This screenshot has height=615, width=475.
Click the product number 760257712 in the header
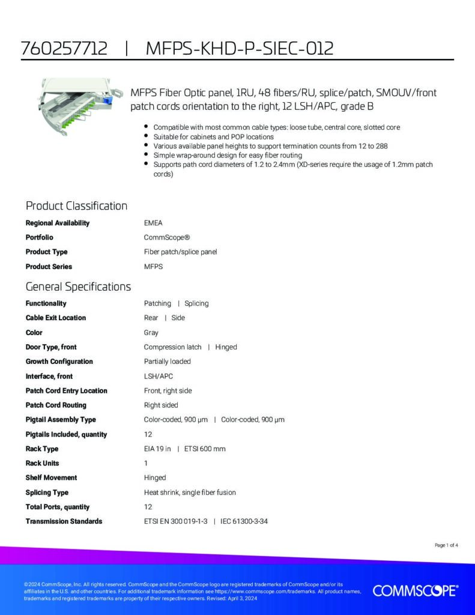coord(64,49)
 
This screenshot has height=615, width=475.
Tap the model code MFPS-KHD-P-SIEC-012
coord(239,49)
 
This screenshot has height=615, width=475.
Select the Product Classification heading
coord(76,206)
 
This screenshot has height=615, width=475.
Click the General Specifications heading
coord(78,286)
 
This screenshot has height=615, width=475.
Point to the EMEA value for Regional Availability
coord(153,223)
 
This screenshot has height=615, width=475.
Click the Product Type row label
coord(46,252)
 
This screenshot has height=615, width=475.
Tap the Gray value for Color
coord(151,332)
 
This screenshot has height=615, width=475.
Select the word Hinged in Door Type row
coord(226,347)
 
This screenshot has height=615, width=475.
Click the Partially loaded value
coord(168,362)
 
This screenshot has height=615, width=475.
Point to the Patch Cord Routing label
coord(56,405)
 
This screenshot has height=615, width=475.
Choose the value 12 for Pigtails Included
coord(148,434)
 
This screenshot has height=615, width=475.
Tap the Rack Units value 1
coord(146,463)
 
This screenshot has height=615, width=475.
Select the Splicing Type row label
coord(47,492)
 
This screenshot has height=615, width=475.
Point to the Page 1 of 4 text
coord(446,545)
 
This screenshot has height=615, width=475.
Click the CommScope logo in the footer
coord(415,591)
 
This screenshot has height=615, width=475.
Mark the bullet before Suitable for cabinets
coord(147,137)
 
